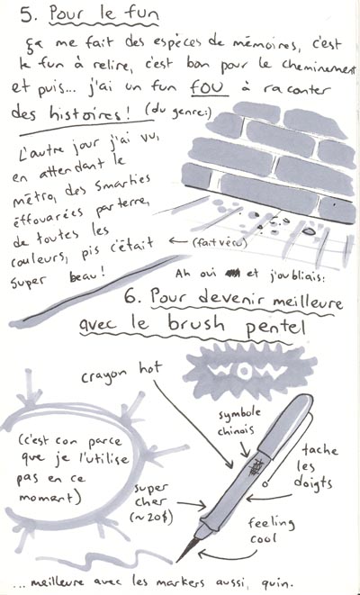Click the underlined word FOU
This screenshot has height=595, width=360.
(x=209, y=88)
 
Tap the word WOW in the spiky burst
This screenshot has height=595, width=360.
(x=249, y=372)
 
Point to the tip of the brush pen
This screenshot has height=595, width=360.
(x=177, y=561)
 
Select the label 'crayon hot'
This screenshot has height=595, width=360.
(x=121, y=372)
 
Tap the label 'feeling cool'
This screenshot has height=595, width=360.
(x=270, y=529)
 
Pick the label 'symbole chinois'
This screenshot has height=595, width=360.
(x=239, y=421)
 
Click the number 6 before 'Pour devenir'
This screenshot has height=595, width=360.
(x=131, y=297)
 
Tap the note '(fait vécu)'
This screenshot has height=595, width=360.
(x=220, y=242)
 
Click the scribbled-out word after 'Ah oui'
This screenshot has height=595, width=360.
(x=233, y=273)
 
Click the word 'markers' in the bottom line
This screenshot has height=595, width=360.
(x=179, y=581)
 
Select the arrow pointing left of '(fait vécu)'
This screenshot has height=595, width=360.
(x=178, y=240)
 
